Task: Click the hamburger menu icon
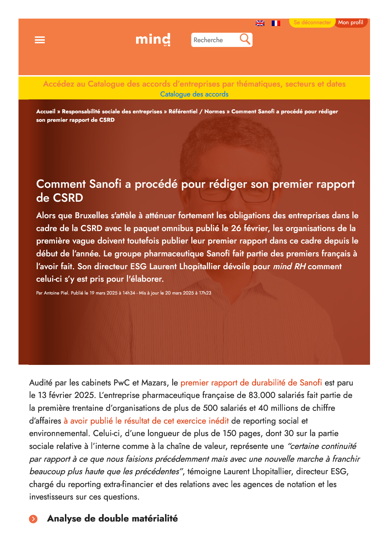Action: point(40,40)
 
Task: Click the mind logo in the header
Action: point(153,39)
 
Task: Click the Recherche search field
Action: point(215,40)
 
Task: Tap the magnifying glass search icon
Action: point(245,39)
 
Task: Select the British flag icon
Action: point(260,23)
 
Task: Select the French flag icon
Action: point(276,23)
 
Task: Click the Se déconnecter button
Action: point(312,22)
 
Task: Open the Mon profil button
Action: point(351,22)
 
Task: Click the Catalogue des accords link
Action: point(194,94)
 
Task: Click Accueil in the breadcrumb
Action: point(46,111)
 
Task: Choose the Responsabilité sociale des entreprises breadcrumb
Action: point(112,111)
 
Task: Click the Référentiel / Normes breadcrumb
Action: point(197,111)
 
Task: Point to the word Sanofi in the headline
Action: point(105,184)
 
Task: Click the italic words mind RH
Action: point(289,267)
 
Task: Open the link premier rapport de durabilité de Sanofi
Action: point(251,383)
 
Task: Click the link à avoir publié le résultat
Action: point(146,421)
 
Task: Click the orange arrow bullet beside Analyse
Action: point(33,519)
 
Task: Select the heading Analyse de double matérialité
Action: point(112,519)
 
